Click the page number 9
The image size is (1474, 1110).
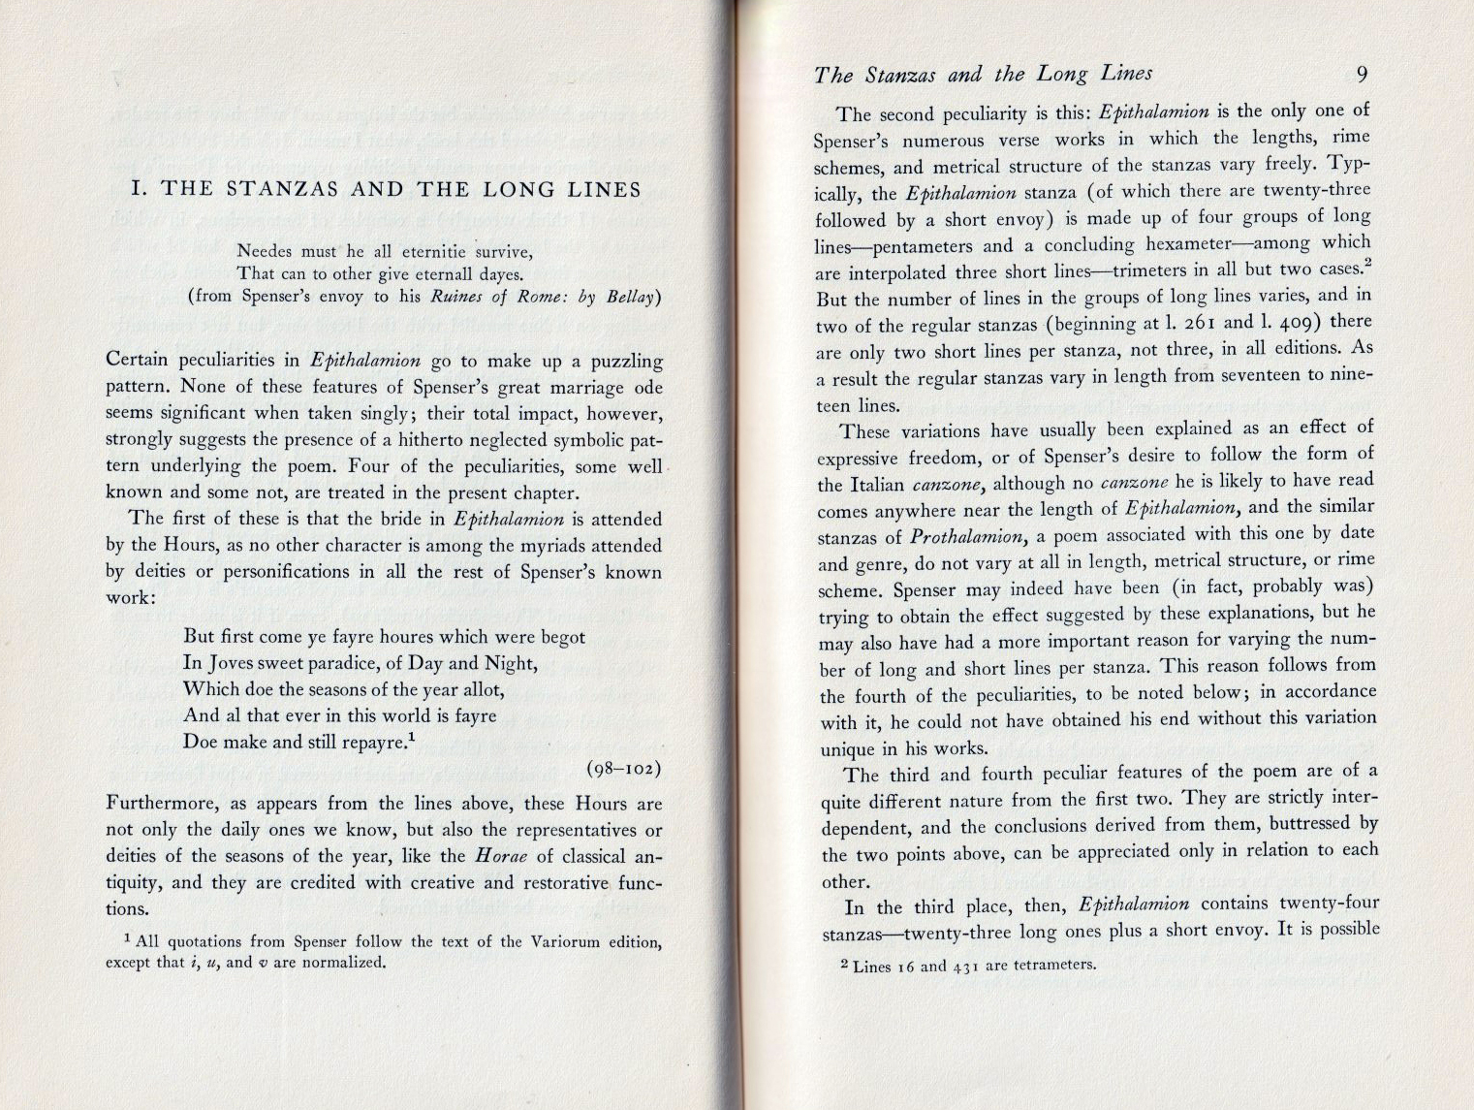click(x=1362, y=76)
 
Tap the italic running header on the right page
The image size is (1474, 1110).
click(x=983, y=74)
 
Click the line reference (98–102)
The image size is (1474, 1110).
click(x=624, y=769)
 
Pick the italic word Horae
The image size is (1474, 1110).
click(x=501, y=856)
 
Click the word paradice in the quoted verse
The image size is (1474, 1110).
click(x=351, y=663)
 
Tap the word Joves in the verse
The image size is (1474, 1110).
click(x=234, y=663)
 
